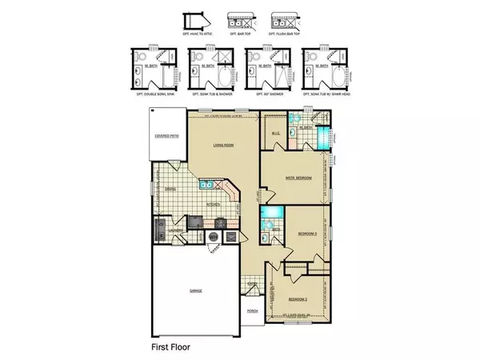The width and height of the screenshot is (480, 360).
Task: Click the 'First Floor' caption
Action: point(172,348)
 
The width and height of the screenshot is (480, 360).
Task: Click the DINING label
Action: point(170,190)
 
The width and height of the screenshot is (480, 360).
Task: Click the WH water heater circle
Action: point(214,237)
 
